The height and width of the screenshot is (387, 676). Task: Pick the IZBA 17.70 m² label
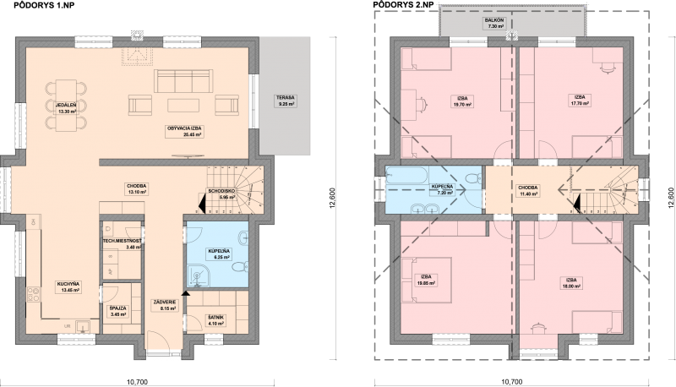[x=580, y=101]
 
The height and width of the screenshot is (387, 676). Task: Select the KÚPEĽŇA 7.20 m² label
[x=441, y=188]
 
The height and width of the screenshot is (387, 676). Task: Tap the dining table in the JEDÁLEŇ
[x=68, y=106]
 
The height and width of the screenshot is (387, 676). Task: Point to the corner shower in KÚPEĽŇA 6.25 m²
[x=196, y=271]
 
